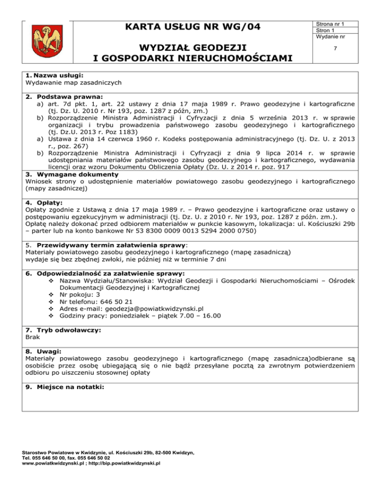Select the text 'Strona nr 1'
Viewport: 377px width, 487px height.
point(329,24)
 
